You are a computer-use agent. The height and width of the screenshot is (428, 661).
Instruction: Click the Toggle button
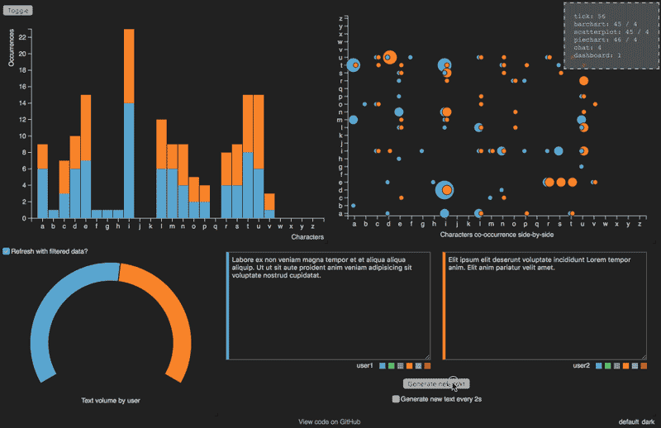20,10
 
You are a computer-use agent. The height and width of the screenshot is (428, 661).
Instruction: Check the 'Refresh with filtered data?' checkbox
7,250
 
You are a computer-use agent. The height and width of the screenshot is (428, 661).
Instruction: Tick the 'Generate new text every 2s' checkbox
396,398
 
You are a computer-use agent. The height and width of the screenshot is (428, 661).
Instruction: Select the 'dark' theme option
647,421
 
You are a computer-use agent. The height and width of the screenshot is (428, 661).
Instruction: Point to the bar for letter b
54,214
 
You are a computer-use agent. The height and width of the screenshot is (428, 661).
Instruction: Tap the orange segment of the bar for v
269,201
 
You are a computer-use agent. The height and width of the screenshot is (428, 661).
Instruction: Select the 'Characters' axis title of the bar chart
308,236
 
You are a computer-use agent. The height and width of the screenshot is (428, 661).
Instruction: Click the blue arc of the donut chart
58,306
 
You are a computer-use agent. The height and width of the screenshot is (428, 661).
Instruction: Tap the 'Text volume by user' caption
111,401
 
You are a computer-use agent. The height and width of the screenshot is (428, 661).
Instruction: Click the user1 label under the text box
364,365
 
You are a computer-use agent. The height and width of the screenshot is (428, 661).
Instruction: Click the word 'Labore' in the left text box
244,259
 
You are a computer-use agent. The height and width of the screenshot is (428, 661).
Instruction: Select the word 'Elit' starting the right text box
454,259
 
